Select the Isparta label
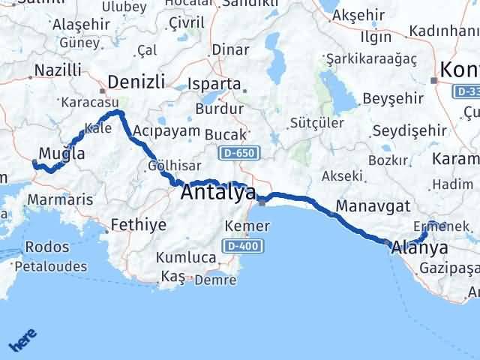point(216,84)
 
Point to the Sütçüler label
point(316,122)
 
